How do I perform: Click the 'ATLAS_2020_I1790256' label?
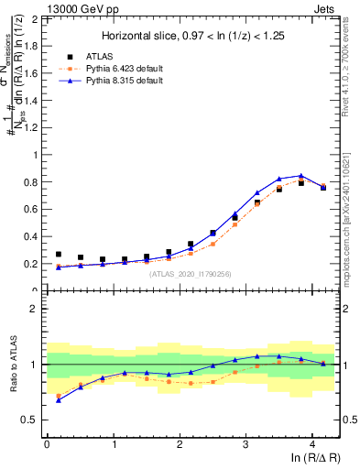click(x=189, y=274)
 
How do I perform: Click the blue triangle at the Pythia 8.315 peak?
click(x=301, y=175)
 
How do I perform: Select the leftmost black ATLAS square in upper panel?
click(x=59, y=255)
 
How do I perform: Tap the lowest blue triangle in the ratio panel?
click(x=59, y=400)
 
